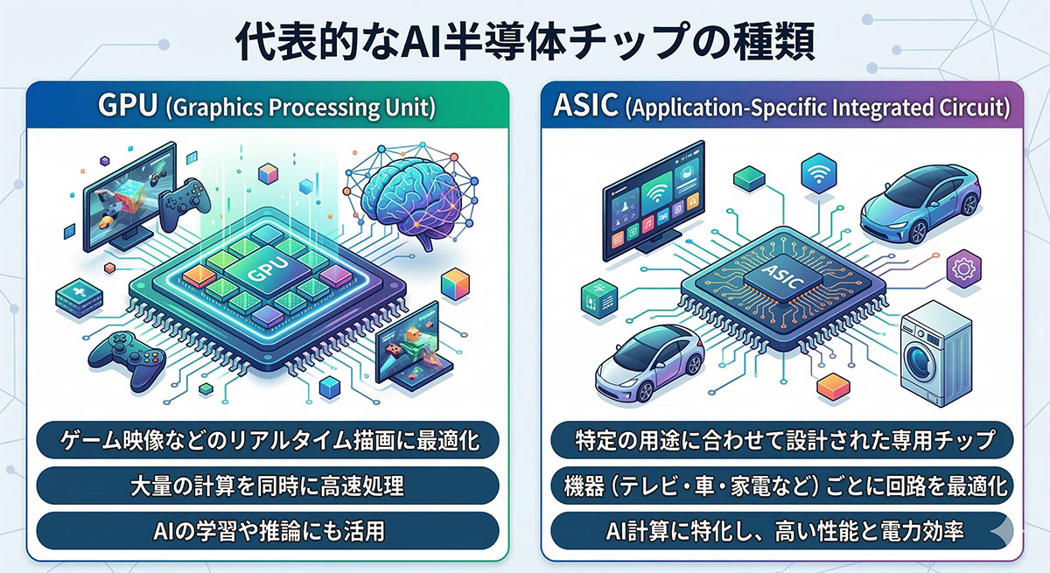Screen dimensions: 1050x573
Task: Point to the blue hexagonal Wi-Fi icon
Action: (x=818, y=173)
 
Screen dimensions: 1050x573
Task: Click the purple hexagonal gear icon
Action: (x=963, y=269)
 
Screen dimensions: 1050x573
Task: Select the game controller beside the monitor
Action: (x=185, y=203)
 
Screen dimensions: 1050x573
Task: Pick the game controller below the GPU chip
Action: (x=127, y=360)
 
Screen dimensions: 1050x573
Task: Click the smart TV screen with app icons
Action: (x=654, y=201)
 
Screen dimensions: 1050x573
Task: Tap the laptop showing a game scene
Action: (x=412, y=347)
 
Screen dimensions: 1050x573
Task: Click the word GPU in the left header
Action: (x=127, y=106)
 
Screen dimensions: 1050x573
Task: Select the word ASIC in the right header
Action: (x=585, y=106)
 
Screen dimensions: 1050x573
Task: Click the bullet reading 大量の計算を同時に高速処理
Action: (x=268, y=486)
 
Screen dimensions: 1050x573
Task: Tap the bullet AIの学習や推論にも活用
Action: (x=268, y=531)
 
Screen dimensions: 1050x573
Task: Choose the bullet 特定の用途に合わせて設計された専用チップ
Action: (x=782, y=440)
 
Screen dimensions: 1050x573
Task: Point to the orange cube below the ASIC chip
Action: (x=833, y=386)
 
